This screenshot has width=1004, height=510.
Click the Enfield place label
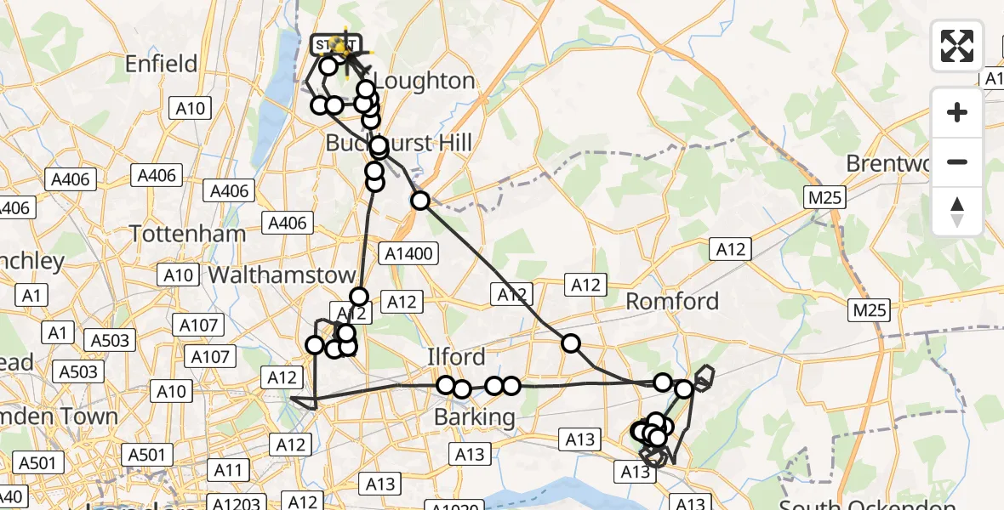[161, 64]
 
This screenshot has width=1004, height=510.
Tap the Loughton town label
[424, 82]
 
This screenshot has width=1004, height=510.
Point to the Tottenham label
[187, 234]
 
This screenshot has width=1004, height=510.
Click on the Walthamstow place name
[282, 275]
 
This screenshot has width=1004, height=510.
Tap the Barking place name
[474, 417]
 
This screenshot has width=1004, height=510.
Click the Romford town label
[672, 301]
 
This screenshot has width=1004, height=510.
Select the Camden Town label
[60, 416]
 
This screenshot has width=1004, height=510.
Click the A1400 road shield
[410, 252]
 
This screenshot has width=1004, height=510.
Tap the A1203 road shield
[238, 502]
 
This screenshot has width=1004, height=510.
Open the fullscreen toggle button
[957, 45]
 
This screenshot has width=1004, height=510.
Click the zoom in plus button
[957, 112]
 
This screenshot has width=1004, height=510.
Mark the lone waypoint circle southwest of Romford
[570, 343]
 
